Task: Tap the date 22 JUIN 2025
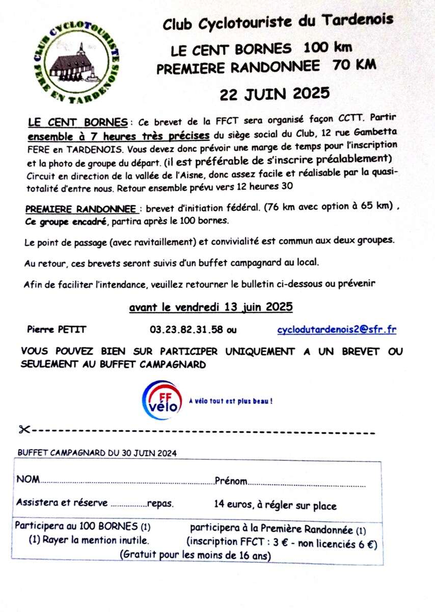[274, 94]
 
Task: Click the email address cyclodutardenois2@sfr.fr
[336, 329]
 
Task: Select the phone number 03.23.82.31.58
[186, 329]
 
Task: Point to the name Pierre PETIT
[57, 329]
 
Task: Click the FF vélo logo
[162, 399]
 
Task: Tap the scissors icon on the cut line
[23, 429]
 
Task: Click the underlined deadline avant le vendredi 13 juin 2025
[211, 307]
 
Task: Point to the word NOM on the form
[28, 480]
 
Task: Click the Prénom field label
[231, 481]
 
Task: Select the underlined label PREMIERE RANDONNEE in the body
[80, 209]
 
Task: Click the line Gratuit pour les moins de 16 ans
[195, 555]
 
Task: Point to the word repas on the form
[160, 504]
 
